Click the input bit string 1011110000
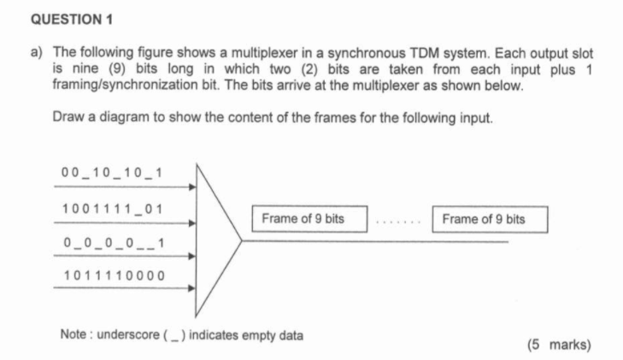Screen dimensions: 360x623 pos(114,275)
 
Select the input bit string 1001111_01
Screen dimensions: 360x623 pos(112,210)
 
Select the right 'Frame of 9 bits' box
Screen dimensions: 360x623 pos(490,220)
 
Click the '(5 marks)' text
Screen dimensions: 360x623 pos(559,345)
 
